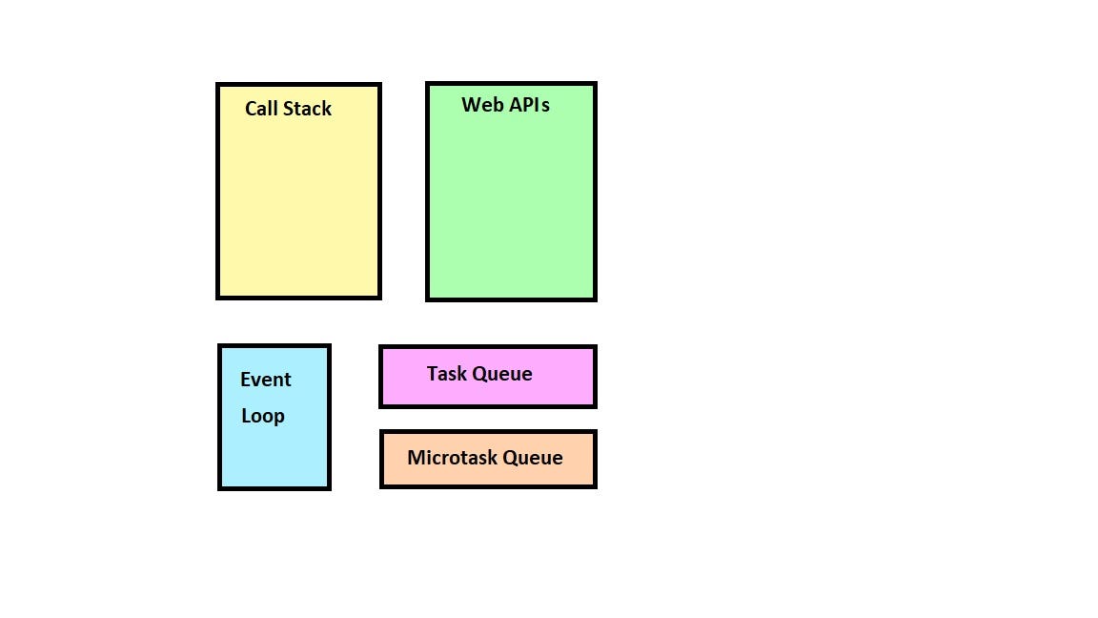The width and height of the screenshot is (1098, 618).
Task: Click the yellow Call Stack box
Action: pyautogui.click(x=298, y=200)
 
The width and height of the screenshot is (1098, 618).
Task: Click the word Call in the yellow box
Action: pyautogui.click(x=260, y=109)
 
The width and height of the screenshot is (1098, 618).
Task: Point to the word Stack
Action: pyautogui.click(x=307, y=109)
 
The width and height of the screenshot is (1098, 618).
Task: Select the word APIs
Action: pyautogui.click(x=529, y=105)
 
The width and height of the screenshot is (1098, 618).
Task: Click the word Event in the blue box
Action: pyautogui.click(x=265, y=380)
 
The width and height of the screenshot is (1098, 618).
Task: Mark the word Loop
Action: pyautogui.click(x=262, y=416)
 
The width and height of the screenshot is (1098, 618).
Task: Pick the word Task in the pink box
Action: pyautogui.click(x=447, y=374)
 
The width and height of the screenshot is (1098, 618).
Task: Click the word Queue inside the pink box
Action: pyautogui.click(x=502, y=374)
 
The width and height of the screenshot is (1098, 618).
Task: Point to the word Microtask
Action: pyautogui.click(x=451, y=458)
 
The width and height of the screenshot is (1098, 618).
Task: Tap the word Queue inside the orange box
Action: pyautogui.click(x=533, y=458)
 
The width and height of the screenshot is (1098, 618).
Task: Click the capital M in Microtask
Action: pyautogui.click(x=416, y=458)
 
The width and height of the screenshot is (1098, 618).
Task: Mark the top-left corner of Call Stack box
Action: pyautogui.click(x=218, y=85)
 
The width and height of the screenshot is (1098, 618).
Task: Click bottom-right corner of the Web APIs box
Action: pyautogui.click(x=595, y=299)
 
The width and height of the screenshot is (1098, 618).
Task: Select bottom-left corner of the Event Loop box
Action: pyautogui.click(x=220, y=487)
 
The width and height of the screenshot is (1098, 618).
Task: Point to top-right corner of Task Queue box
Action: pyautogui.click(x=595, y=348)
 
